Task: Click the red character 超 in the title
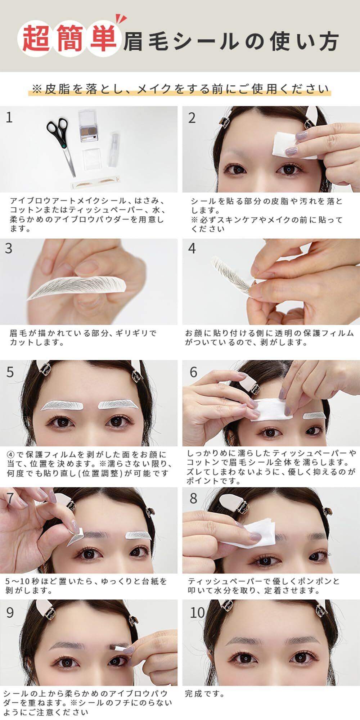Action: coord(36,39)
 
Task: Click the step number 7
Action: coord(10,498)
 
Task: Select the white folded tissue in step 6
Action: coord(267,409)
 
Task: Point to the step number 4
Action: coord(192,248)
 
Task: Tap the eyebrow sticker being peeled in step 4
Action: coord(230,274)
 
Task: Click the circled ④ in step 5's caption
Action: coord(11,454)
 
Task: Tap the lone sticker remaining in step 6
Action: coord(314,416)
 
